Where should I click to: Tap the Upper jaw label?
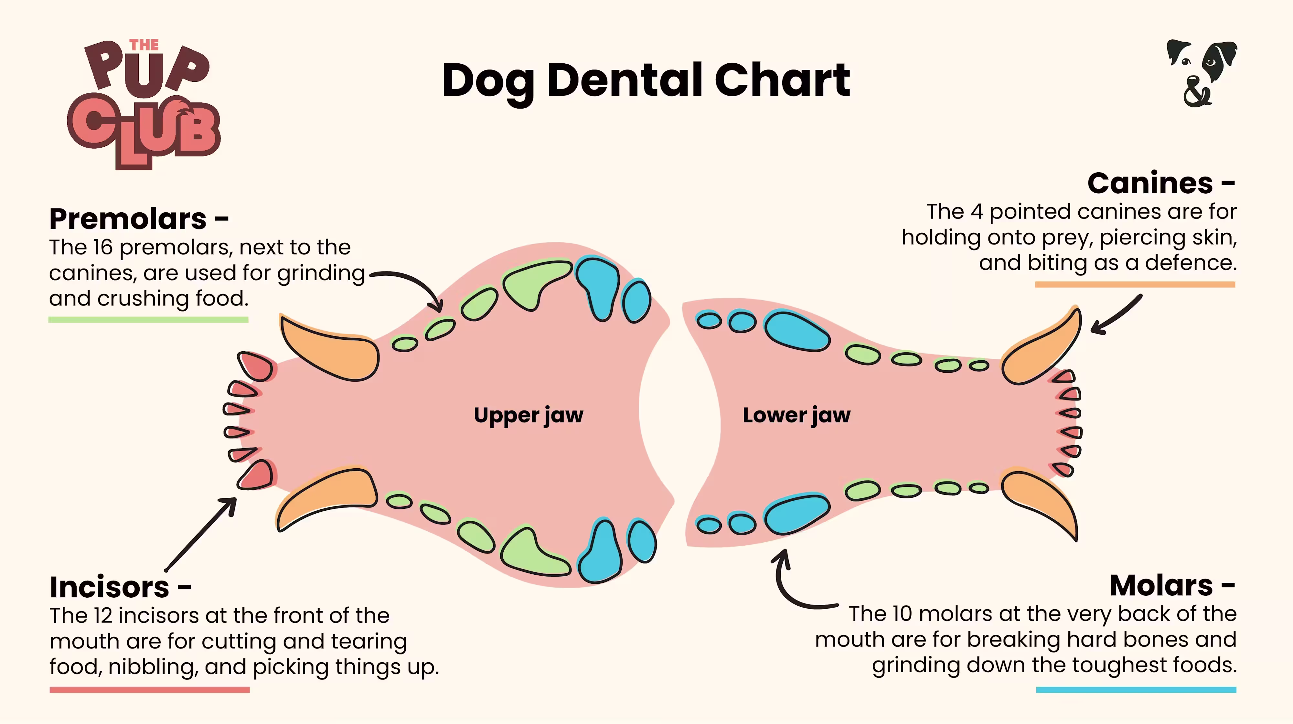529,415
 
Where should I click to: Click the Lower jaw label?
796,415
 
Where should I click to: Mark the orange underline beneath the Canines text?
1134,284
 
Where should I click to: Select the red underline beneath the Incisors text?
150,690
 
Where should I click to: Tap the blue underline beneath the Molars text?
1136,690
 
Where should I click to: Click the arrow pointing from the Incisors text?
201,534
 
